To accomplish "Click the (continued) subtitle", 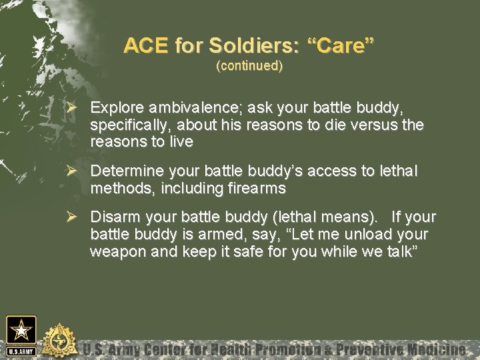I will [x=249, y=67].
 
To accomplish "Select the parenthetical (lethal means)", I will [x=322, y=218].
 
